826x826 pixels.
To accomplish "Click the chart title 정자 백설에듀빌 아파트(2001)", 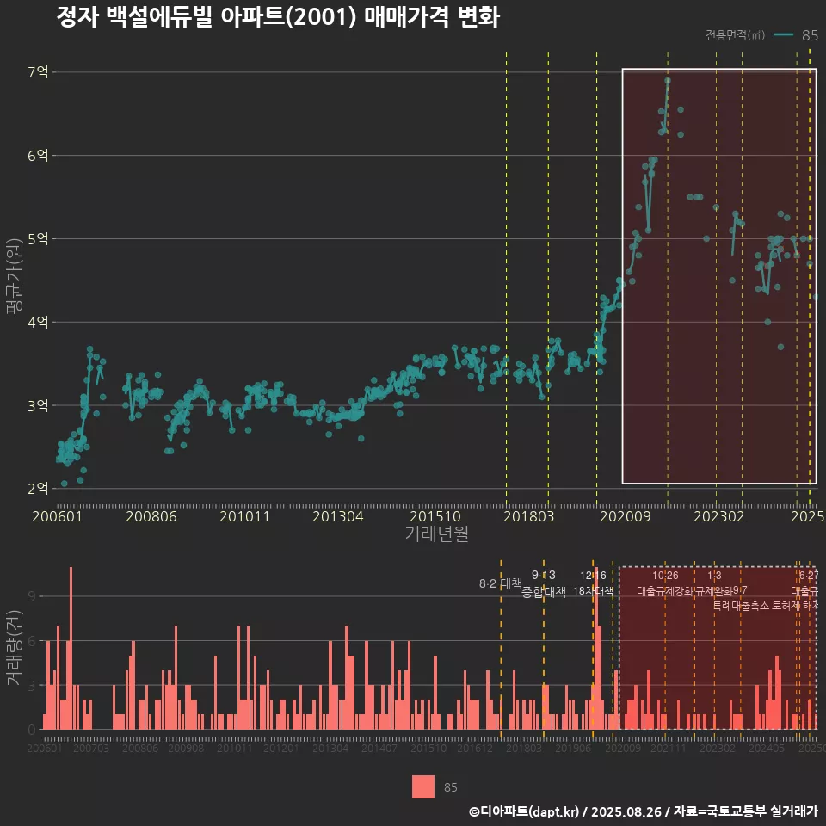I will click(x=277, y=18).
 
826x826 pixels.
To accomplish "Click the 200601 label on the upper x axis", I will click(x=57, y=517).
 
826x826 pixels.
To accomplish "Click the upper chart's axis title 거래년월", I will click(x=436, y=534).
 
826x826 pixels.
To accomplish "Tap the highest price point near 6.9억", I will click(x=668, y=81).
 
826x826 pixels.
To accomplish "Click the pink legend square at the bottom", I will click(x=423, y=786).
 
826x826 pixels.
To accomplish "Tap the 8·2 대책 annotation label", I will click(x=501, y=583).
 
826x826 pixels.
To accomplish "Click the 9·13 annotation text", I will click(x=544, y=575).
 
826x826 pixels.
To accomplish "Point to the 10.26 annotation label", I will click(x=665, y=575).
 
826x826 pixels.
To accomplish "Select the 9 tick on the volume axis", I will click(x=32, y=596).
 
